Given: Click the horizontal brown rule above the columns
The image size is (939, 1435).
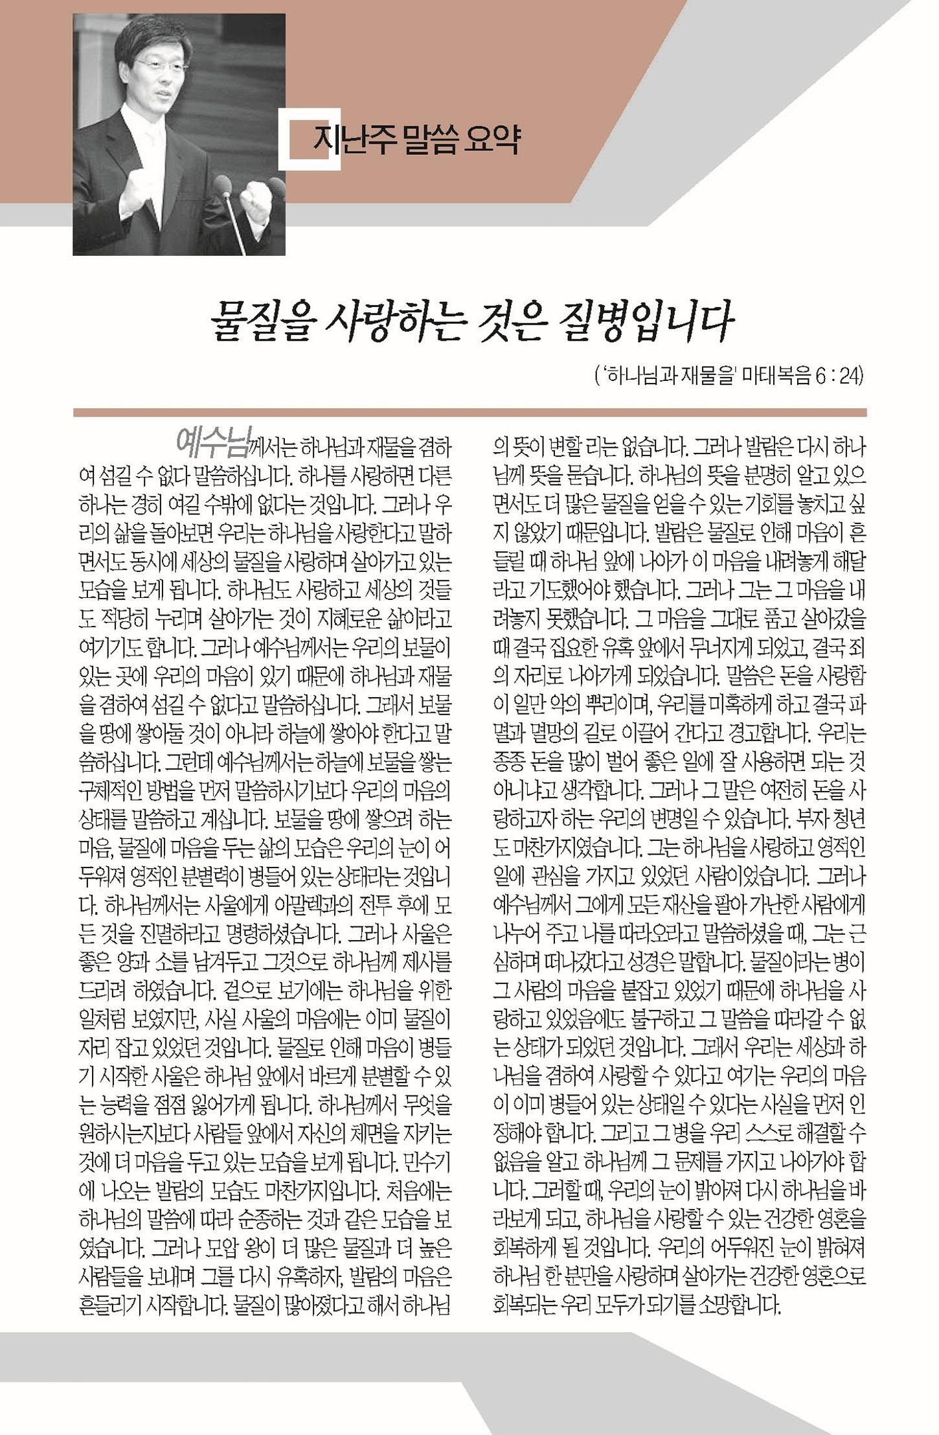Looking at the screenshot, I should [x=470, y=413].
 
